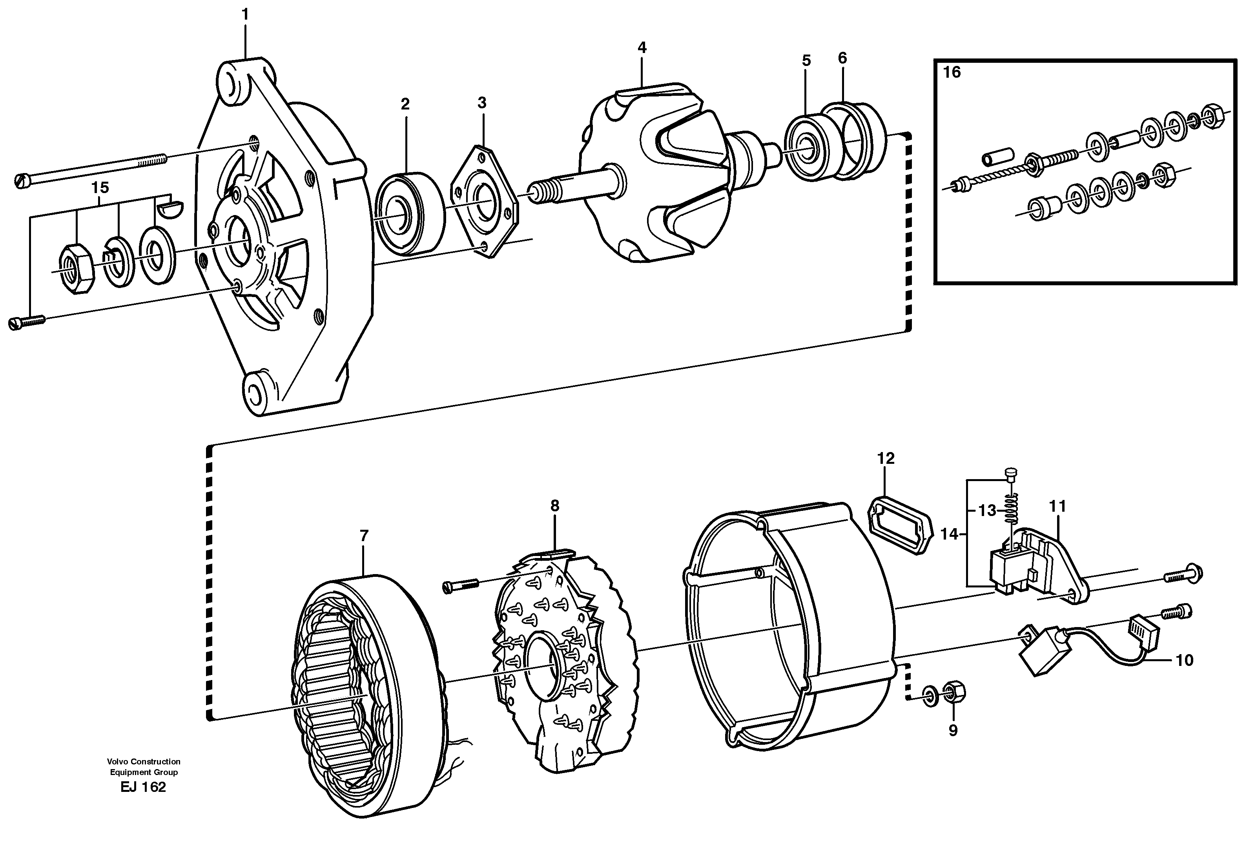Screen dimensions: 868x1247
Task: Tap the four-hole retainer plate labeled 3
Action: pos(485,201)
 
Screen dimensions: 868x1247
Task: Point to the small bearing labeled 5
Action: pos(806,147)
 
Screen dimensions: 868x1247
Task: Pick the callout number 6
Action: pos(842,58)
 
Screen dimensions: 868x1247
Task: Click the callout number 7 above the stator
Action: pos(364,536)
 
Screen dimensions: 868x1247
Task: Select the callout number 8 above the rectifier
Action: pos(554,506)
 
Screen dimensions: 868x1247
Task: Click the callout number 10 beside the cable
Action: pos(1185,660)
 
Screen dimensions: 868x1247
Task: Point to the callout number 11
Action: pos(1057,506)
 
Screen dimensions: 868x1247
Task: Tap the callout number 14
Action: pos(949,534)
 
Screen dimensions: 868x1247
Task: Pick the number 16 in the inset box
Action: pos(952,72)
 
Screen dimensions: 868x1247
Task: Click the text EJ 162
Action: pos(143,787)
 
